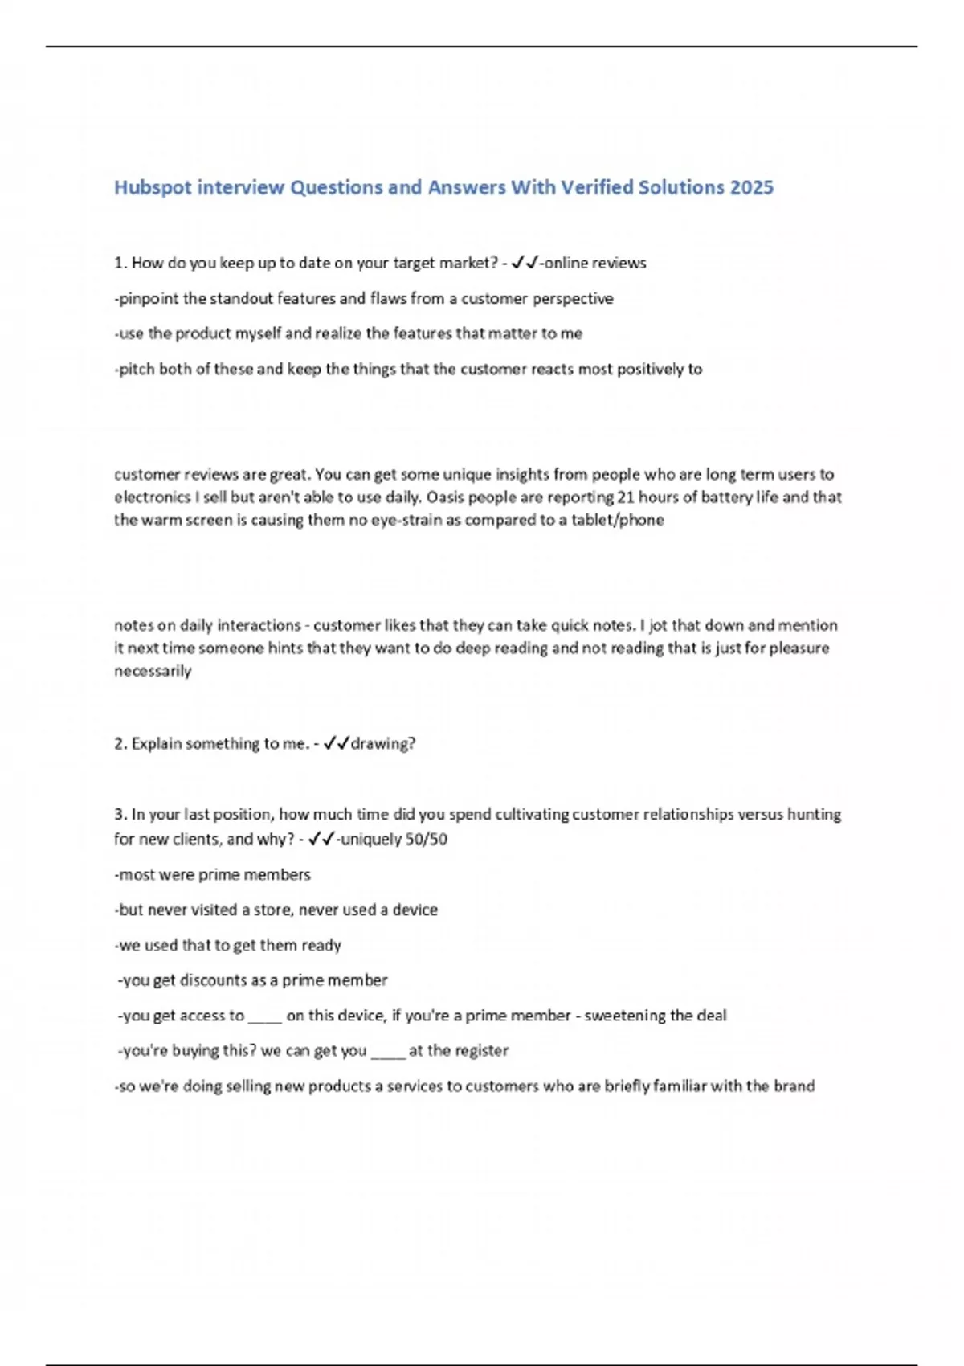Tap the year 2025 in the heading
(752, 188)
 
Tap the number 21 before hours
(626, 497)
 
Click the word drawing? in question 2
(383, 744)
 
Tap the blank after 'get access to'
(264, 1017)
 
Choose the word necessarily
(153, 671)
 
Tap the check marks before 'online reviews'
(525, 263)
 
